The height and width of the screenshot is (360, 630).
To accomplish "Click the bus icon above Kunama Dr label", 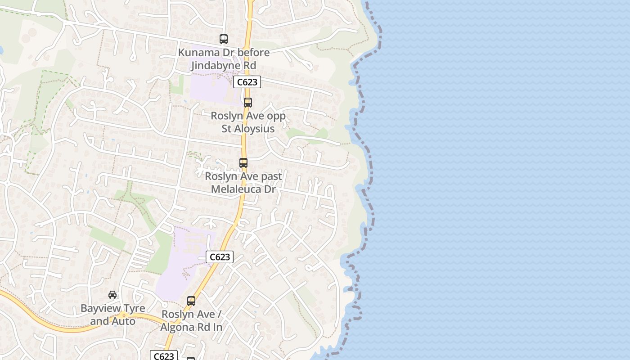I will pos(224,39).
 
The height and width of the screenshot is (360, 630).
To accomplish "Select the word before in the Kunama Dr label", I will pos(253,52).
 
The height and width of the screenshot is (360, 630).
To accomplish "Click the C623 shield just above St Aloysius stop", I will pos(247,82).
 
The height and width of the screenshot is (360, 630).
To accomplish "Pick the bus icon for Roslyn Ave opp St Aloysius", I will pos(248,103).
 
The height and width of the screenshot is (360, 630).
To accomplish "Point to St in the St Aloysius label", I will pos(228,129).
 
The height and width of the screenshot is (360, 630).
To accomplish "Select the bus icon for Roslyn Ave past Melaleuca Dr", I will pos(243,163).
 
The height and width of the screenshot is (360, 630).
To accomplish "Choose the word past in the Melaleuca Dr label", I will pos(271,176).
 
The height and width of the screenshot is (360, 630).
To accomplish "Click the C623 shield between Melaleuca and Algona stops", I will pos(220,257).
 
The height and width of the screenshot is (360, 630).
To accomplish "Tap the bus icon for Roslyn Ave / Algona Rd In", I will pos(191,301).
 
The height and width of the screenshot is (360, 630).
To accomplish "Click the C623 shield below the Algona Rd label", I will pos(164,356).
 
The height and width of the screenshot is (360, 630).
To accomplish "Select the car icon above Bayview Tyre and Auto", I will pos(112,295).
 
